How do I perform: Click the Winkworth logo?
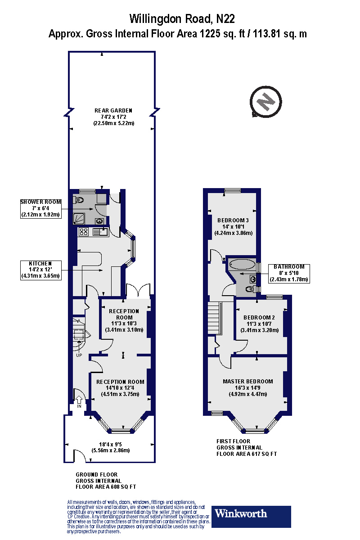coord(251,516)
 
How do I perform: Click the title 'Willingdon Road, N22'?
coord(182,19)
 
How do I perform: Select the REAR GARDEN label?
coord(113,110)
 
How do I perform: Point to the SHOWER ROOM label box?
coord(40,208)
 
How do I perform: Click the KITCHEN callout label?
coord(40,270)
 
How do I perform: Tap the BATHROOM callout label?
coord(289,273)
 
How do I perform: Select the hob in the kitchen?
coord(84,232)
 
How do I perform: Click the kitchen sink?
coord(99,232)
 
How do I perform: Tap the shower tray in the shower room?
coord(80,218)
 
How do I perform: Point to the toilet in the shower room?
coord(79,200)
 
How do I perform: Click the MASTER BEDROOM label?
coord(247,381)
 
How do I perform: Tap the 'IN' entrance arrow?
coord(79,400)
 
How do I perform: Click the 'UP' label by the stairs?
coord(79,355)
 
